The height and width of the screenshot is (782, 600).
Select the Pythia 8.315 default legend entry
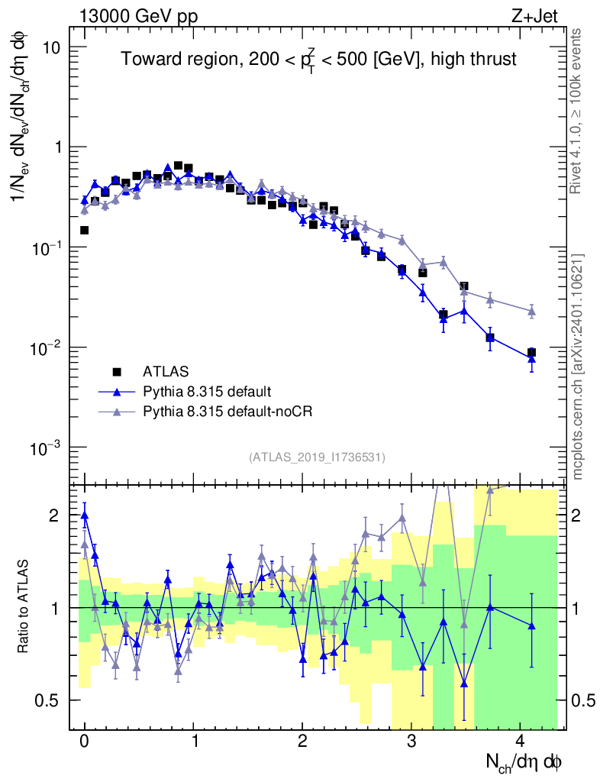click(206, 392)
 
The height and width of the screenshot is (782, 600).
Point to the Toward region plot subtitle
click(319, 60)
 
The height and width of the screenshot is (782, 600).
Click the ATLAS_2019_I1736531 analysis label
click(317, 457)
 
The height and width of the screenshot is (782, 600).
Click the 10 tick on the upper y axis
click(50, 47)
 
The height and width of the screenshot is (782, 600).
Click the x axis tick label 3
click(411, 742)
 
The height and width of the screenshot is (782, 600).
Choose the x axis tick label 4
click(520, 742)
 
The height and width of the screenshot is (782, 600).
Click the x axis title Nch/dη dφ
click(524, 761)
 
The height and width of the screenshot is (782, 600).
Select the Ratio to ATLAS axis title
click(25, 607)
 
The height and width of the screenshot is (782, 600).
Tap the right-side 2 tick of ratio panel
click(581, 515)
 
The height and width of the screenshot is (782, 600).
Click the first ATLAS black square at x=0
click(84, 230)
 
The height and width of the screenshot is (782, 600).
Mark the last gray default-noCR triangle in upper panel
click(531, 311)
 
